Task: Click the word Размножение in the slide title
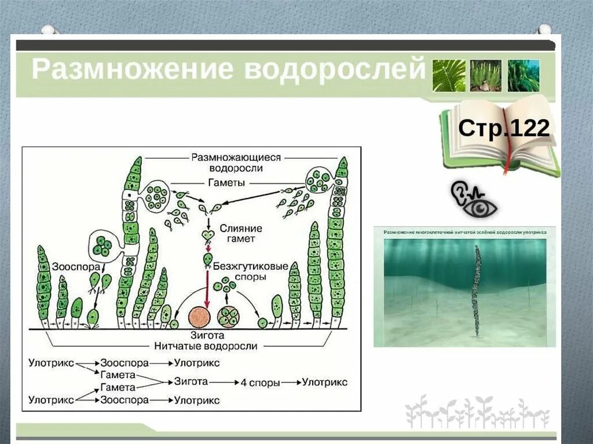click(x=133, y=69)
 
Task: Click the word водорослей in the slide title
click(x=335, y=69)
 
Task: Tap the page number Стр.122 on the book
click(x=503, y=128)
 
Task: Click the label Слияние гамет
click(x=240, y=233)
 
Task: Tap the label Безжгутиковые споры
click(x=250, y=271)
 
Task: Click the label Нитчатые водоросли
click(x=206, y=346)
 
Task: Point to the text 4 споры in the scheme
click(x=261, y=382)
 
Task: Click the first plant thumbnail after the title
click(x=449, y=75)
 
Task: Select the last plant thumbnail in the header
click(x=523, y=75)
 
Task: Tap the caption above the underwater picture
click(x=464, y=232)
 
